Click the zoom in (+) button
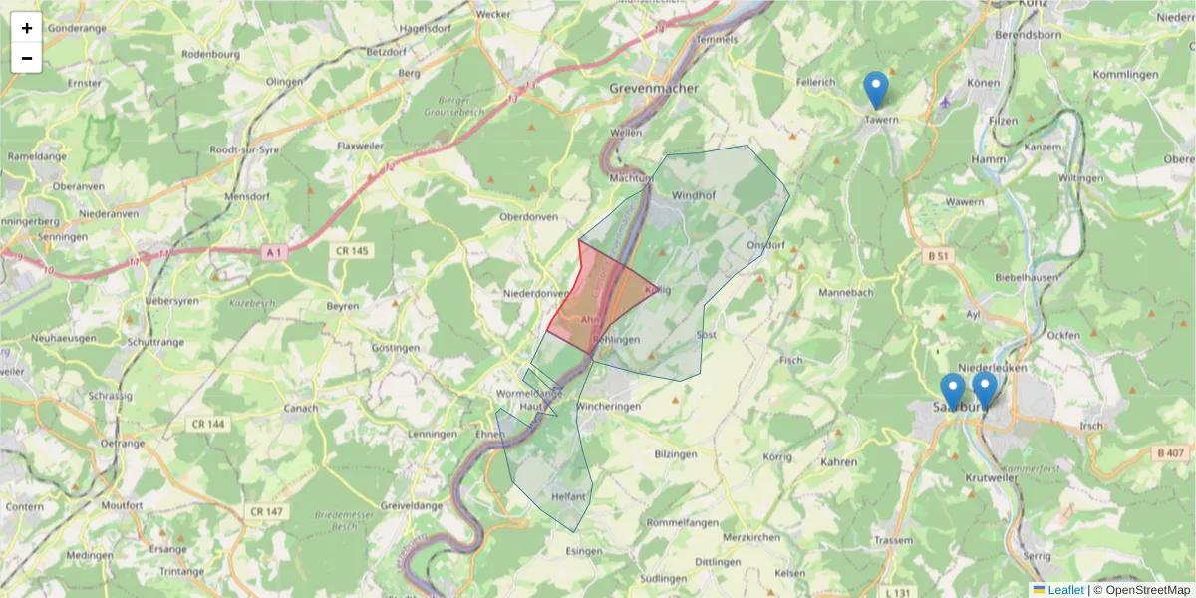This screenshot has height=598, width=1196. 27,28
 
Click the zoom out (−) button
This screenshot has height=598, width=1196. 27,58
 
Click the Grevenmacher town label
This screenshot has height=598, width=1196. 654,88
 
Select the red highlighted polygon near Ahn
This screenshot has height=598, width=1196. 588,299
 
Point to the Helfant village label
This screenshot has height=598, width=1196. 568,495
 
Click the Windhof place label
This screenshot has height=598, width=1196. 694,194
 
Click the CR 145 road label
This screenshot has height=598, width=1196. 353,251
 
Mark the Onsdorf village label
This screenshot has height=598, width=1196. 765,244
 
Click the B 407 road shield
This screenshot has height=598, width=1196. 1170,452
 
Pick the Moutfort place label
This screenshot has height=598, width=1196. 123,505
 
